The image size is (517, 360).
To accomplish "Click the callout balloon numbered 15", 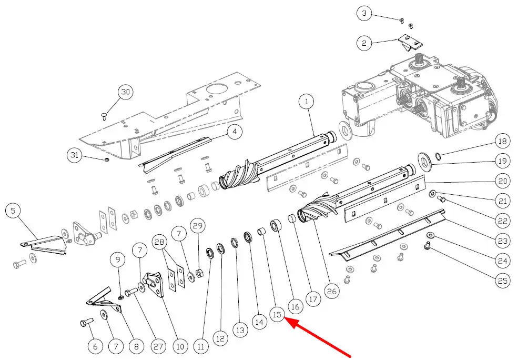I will tap(277, 314).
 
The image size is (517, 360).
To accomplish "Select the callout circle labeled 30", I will tap(125, 92).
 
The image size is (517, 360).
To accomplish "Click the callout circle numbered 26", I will tap(330, 291).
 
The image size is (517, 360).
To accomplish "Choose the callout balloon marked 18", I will tap(502, 141).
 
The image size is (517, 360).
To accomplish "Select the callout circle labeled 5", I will tap(13, 212).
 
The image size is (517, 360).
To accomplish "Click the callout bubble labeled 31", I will tap(75, 155).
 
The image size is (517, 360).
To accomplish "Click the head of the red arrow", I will tap(287, 319).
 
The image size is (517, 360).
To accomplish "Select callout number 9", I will tap(117, 259).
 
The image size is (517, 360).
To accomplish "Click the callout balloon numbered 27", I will tap(158, 347).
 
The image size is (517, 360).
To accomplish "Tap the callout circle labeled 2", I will tap(363, 43).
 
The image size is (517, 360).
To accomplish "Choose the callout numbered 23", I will tap(502, 241).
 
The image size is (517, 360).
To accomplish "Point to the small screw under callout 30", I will tap(104, 116).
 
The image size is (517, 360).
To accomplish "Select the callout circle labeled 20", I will tap(502, 181).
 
